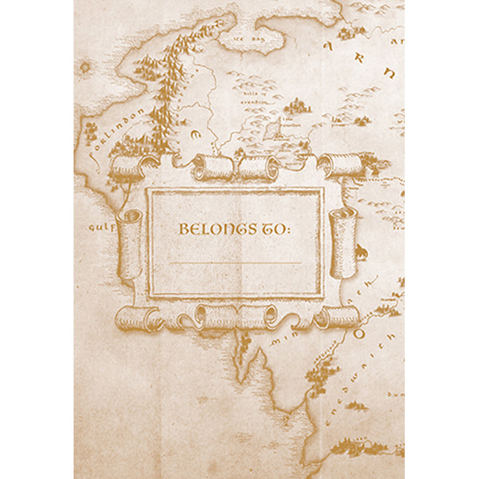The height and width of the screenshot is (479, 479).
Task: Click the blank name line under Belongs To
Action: pos(236,262)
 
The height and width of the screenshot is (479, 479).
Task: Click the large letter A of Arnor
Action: pos(327,47)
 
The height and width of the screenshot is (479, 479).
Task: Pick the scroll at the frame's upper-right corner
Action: pos(340,165)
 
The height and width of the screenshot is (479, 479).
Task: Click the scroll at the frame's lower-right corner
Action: pos(336,317)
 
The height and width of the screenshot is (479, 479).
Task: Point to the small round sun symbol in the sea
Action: pos(85,68)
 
